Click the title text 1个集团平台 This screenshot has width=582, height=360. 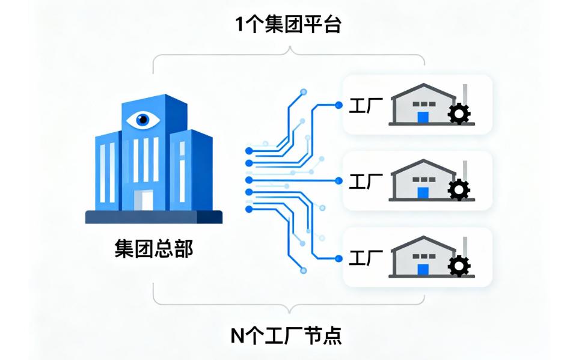pos(290,25)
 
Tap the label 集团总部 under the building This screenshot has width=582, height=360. pos(154,248)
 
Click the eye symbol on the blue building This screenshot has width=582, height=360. pos(143,119)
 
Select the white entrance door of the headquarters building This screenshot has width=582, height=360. pos(144,201)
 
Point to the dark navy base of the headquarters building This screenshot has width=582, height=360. pos(154,217)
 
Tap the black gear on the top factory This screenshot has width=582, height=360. pos(460,113)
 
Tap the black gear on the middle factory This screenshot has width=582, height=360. pos(460,189)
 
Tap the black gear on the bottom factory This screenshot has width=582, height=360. pos(460,266)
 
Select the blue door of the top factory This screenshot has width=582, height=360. pos(424,117)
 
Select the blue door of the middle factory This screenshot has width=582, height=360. pos(424,193)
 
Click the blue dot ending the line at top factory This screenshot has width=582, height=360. pos(339,105)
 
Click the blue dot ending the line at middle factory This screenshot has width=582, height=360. pos(339,180)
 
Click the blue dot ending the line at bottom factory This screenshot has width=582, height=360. pos(339,258)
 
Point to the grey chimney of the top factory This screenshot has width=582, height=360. pos(465,93)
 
